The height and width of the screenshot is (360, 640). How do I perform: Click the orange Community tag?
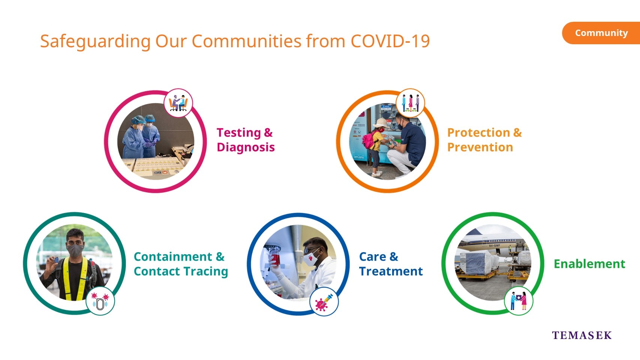pos(601,33)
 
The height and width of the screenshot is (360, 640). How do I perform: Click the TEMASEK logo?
pos(582,335)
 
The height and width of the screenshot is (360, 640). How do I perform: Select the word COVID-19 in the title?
pos(390,41)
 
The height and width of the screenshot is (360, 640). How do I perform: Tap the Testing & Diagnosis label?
pos(246,140)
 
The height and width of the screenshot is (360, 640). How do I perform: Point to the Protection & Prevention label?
pos(484,140)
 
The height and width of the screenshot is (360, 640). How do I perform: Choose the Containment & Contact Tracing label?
pos(181,264)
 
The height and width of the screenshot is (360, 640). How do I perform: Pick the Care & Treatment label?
pos(391,264)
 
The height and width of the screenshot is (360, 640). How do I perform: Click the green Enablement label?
pos(589,264)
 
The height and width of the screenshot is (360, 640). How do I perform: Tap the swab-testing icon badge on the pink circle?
pos(178,103)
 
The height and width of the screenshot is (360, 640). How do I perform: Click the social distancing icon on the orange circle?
pos(410,103)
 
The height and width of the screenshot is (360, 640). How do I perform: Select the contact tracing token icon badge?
pos(100,301)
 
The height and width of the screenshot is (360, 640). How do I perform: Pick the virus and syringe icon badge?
pos(324,302)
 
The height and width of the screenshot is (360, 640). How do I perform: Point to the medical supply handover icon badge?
pos(519,301)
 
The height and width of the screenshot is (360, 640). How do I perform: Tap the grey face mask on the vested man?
pos(75,250)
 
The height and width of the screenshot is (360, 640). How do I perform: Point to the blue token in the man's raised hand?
pos(57,260)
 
